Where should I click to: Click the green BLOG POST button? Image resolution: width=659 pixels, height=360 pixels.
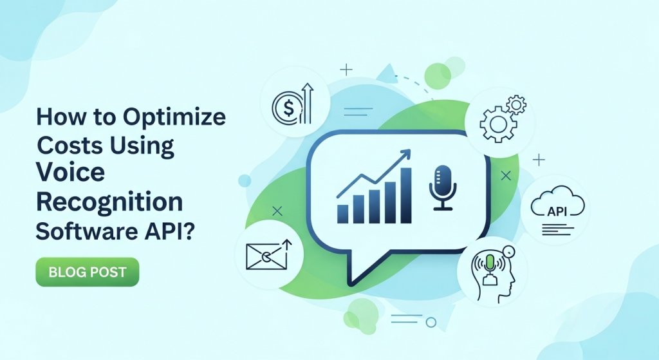(88, 272)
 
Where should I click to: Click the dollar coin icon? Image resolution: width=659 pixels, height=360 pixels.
(284, 105)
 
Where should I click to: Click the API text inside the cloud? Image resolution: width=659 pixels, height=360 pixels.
(557, 211)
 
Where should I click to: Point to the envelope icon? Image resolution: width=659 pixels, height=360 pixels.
(265, 255)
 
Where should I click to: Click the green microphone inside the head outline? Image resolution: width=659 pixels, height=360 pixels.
(490, 262)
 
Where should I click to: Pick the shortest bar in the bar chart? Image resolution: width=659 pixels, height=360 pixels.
(344, 213)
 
